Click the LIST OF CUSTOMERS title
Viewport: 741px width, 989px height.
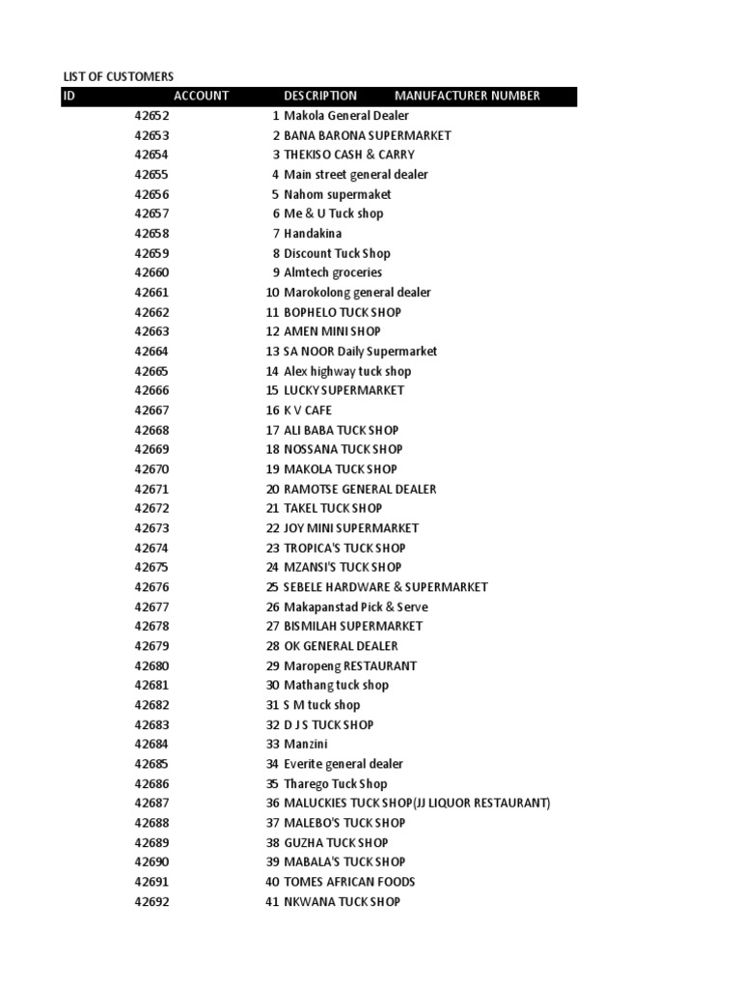[119, 76]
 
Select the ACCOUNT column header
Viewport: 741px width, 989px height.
[201, 96]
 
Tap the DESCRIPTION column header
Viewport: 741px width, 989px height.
[320, 96]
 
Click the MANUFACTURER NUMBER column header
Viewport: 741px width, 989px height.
[467, 96]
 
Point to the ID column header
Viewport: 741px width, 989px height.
[69, 96]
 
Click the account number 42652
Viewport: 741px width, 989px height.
[151, 116]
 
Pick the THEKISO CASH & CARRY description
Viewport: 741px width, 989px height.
[349, 155]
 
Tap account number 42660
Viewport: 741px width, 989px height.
[151, 272]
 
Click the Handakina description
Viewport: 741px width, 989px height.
[313, 234]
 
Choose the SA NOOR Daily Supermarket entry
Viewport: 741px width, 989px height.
[360, 352]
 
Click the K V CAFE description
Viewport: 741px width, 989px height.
[308, 410]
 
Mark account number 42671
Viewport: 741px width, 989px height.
[151, 489]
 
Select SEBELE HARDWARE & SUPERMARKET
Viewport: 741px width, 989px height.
[386, 587]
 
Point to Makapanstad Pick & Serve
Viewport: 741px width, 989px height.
[356, 607]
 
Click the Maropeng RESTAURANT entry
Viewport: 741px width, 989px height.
[350, 665]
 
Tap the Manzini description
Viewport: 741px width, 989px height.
[305, 744]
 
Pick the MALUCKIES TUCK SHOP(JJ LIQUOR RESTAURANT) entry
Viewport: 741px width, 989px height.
[417, 803]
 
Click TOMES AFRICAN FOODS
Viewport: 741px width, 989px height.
[349, 882]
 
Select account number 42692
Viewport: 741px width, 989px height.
[151, 901]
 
